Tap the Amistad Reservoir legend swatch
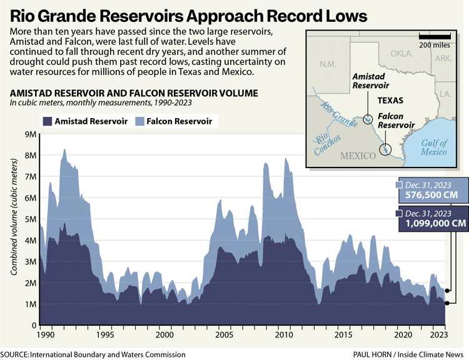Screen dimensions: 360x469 48,121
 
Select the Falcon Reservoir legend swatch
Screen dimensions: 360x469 141,121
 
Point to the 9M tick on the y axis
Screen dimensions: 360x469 29,134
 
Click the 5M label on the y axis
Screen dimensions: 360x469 29,219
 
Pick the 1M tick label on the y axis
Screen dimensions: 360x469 29,304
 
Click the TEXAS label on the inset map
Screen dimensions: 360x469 390,100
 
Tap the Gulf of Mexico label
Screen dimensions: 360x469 434,147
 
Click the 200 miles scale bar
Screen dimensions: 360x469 435,38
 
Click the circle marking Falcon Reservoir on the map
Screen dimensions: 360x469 386,149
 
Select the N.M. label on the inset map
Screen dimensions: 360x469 328,64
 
